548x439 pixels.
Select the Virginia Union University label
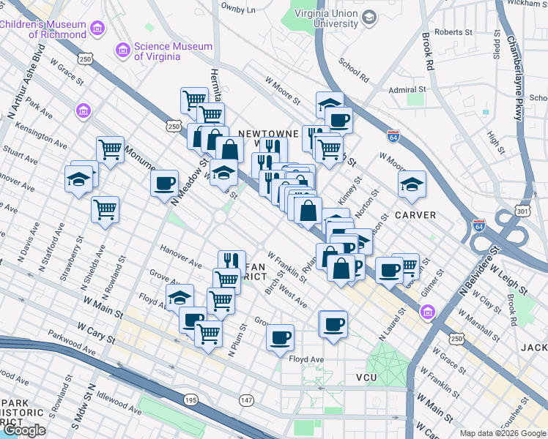(x=325, y=18)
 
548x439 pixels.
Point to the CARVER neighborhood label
(x=415, y=215)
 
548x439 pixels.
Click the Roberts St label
(x=453, y=32)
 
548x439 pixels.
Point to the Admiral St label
(x=407, y=90)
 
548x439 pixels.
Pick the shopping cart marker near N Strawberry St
(x=105, y=209)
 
